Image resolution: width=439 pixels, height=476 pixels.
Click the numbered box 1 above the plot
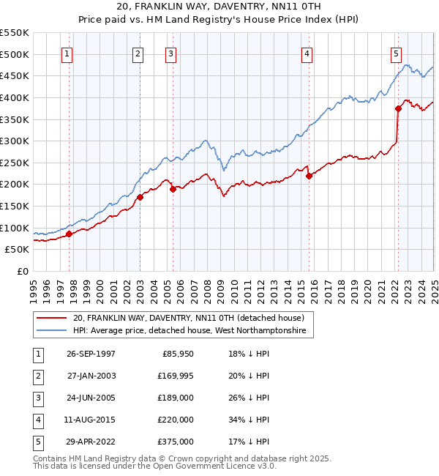coord(67,53)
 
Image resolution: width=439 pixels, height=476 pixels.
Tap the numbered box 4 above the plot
coord(307,53)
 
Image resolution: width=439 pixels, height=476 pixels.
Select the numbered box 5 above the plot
coord(396,53)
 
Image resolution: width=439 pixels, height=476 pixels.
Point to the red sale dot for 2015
coord(309,176)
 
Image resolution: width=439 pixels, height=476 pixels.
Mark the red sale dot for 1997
coord(70,234)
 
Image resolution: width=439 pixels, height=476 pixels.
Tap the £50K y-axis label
coord(18,250)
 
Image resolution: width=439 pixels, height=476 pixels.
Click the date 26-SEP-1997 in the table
coord(91,354)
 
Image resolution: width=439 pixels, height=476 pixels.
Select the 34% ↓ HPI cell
coord(248,420)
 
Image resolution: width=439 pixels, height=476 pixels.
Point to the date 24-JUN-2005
coord(91,398)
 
